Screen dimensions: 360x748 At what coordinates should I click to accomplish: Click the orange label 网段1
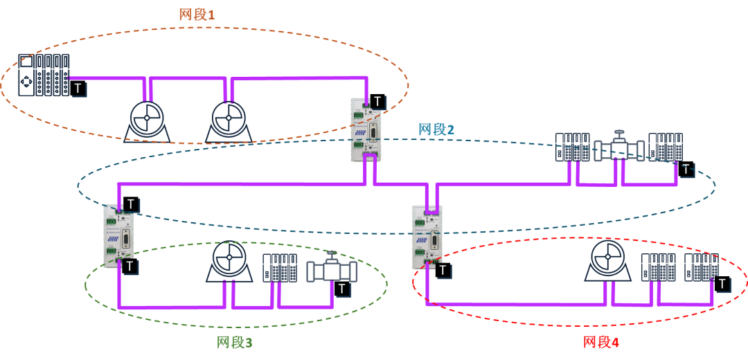pyautogui.click(x=197, y=15)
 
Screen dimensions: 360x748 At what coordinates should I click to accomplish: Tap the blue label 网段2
pyautogui.click(x=436, y=129)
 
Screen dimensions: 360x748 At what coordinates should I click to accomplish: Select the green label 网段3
pyautogui.click(x=234, y=342)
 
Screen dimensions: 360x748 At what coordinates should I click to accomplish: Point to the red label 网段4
pyautogui.click(x=600, y=342)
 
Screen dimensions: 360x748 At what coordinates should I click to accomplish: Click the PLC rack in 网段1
pyautogui.click(x=44, y=75)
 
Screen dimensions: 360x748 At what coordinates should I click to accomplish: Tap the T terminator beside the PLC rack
pyautogui.click(x=78, y=89)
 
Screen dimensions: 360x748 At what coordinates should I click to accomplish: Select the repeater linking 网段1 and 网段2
pyautogui.click(x=366, y=129)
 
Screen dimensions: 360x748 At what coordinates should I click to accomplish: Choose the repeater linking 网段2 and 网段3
pyautogui.click(x=118, y=235)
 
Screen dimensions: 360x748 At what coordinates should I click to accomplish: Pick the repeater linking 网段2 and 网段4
pyautogui.click(x=427, y=237)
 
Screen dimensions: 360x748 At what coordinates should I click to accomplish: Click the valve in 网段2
pyautogui.click(x=619, y=147)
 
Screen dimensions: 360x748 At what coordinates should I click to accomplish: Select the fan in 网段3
pyautogui.click(x=229, y=262)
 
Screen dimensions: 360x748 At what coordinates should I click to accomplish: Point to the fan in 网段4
pyautogui.click(x=608, y=261)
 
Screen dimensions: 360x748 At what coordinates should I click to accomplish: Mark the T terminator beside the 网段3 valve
pyautogui.click(x=341, y=289)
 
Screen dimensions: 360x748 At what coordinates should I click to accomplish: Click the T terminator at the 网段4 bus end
pyautogui.click(x=722, y=284)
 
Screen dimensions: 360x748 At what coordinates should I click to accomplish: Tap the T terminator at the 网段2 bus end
pyautogui.click(x=685, y=169)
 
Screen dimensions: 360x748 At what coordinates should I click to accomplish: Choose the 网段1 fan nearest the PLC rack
pyautogui.click(x=147, y=119)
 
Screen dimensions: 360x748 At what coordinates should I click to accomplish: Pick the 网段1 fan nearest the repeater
pyautogui.click(x=229, y=119)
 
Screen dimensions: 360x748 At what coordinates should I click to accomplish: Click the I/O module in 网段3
pyautogui.click(x=280, y=267)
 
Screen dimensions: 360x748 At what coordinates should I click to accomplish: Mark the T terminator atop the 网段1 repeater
pyautogui.click(x=377, y=102)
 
